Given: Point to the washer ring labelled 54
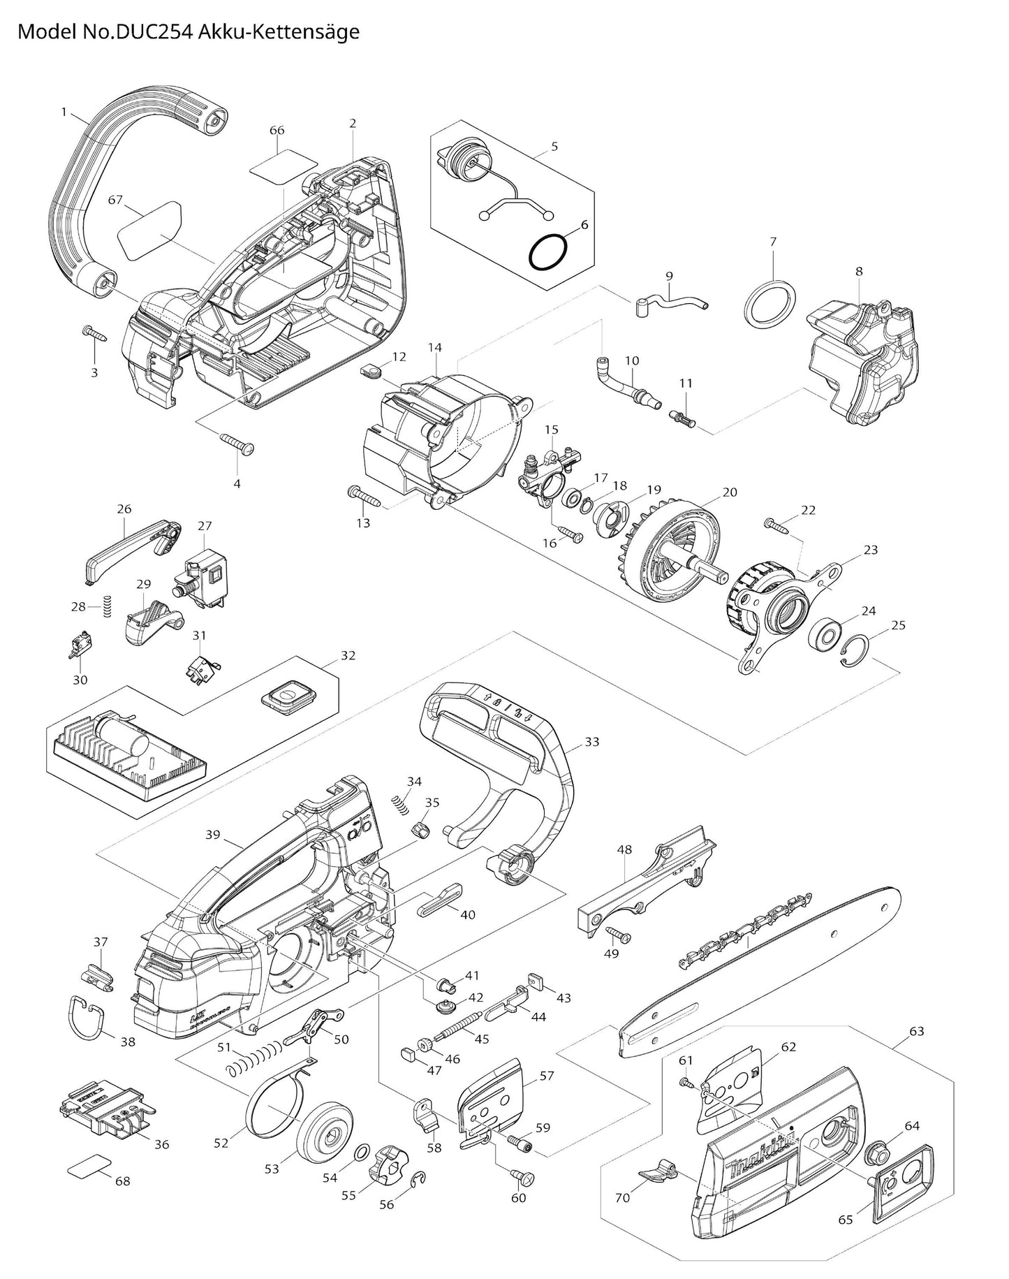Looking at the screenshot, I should tap(363, 1152).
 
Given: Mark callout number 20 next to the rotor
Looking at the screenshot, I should tap(730, 492).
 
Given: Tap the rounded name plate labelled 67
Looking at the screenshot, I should tap(149, 227).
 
